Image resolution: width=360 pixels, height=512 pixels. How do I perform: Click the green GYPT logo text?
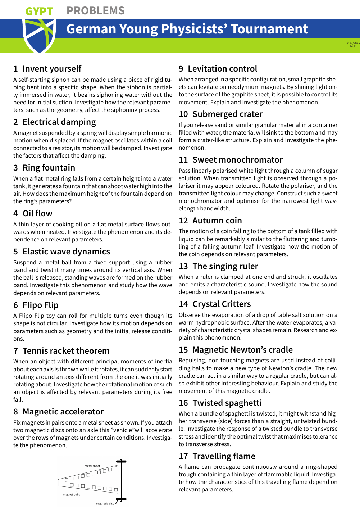click(x=39, y=12)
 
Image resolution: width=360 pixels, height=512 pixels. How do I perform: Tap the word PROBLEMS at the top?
click(x=96, y=11)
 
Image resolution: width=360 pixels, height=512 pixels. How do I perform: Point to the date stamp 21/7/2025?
click(x=353, y=44)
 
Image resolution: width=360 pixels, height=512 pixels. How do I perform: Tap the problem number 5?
click(x=15, y=252)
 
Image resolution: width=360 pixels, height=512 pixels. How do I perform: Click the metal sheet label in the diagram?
click(x=92, y=466)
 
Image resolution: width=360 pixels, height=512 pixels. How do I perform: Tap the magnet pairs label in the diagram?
click(x=71, y=495)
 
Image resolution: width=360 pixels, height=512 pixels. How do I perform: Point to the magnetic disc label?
click(x=105, y=504)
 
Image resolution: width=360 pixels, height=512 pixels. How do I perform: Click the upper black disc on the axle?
click(x=121, y=461)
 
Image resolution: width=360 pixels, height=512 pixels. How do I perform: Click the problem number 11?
click(x=183, y=160)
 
